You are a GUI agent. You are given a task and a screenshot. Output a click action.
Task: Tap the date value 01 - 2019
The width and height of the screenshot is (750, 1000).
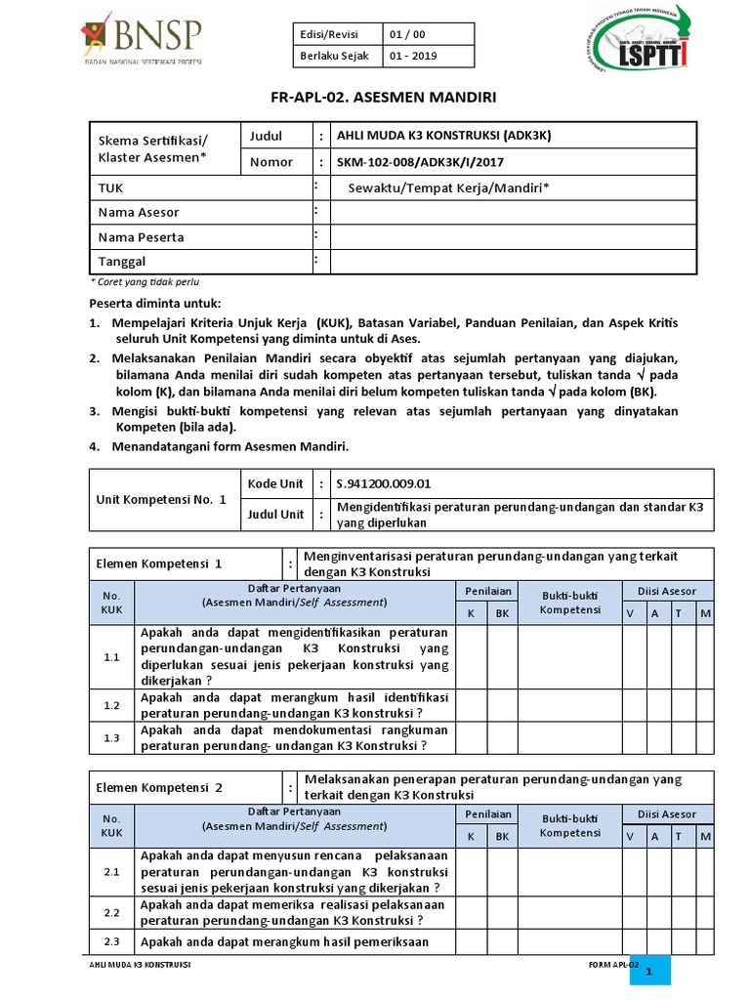(415, 56)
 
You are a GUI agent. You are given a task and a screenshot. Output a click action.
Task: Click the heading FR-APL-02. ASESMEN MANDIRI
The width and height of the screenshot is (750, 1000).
(375, 98)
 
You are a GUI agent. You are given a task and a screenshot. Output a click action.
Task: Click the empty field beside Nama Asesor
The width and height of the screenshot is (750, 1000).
(514, 212)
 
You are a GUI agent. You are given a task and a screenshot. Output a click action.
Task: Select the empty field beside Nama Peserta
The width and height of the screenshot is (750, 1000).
(514, 237)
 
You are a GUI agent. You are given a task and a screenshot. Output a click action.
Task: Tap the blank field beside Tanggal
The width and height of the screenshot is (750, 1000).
(514, 262)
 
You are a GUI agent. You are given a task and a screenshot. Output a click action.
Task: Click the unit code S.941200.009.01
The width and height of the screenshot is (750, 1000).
(383, 482)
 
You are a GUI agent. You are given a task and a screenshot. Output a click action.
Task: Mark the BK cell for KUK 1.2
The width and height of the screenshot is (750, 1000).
(502, 704)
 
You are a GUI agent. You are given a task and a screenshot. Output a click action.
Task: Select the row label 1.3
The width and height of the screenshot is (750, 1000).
(111, 737)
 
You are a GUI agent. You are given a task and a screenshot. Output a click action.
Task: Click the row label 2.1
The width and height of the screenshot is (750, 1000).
(111, 871)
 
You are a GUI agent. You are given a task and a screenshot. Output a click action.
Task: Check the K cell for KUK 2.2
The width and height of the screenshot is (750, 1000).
(471, 912)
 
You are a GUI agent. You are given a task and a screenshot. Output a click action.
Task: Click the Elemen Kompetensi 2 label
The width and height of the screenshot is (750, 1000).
(160, 786)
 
